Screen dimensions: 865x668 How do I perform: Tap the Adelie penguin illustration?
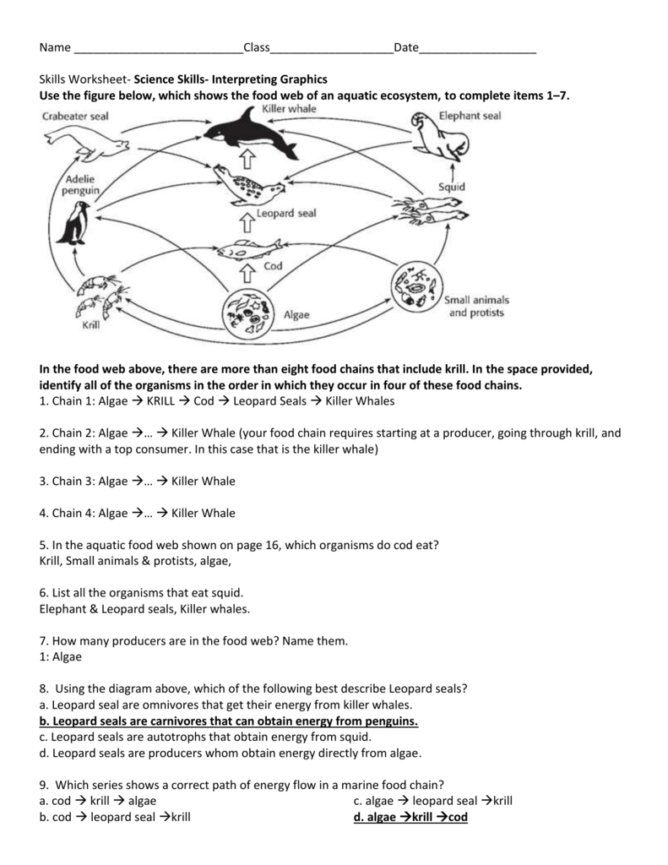[x=79, y=223]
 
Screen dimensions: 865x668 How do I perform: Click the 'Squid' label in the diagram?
[x=451, y=187]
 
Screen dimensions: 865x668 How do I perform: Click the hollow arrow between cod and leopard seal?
[x=247, y=221]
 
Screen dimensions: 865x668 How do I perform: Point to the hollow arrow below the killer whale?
[x=247, y=160]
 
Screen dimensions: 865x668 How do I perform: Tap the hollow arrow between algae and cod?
[x=247, y=274]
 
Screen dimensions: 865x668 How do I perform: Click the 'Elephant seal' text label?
[x=470, y=116]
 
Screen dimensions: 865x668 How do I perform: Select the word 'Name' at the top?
[x=55, y=48]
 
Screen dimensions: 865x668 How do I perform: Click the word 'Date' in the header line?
[x=405, y=48]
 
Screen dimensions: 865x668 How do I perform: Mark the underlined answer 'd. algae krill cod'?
[x=411, y=818]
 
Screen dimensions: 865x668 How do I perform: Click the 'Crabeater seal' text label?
[x=76, y=117]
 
